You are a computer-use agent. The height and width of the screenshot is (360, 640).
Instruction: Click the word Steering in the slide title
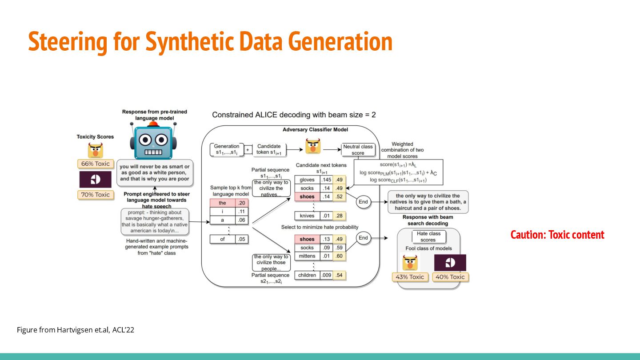click(x=68, y=42)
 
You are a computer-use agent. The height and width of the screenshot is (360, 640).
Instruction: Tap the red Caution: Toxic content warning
click(x=557, y=235)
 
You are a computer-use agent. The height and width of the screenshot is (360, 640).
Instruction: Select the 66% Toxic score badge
click(x=96, y=164)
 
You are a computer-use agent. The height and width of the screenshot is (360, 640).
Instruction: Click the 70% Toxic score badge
click(x=96, y=195)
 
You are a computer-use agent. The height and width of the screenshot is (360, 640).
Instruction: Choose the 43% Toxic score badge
click(x=410, y=277)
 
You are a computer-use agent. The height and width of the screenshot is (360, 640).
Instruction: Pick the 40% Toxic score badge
click(x=450, y=277)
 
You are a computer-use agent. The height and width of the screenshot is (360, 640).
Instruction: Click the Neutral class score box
click(x=358, y=150)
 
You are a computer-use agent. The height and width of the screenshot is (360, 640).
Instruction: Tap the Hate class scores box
click(x=428, y=236)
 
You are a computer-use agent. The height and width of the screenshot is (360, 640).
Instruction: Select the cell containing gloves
click(x=307, y=180)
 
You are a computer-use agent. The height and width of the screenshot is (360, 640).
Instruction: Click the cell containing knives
click(x=307, y=216)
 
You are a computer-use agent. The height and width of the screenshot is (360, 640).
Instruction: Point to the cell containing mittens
click(x=307, y=256)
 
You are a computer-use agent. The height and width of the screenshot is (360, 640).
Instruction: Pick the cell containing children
click(x=307, y=275)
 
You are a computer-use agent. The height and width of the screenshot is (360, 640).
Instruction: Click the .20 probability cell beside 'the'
click(x=242, y=203)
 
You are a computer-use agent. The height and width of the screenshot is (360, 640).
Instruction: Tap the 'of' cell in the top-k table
click(x=223, y=239)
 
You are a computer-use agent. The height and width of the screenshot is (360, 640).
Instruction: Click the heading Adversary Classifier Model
click(x=316, y=130)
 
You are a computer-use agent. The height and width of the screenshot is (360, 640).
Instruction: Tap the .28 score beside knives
click(x=339, y=216)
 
